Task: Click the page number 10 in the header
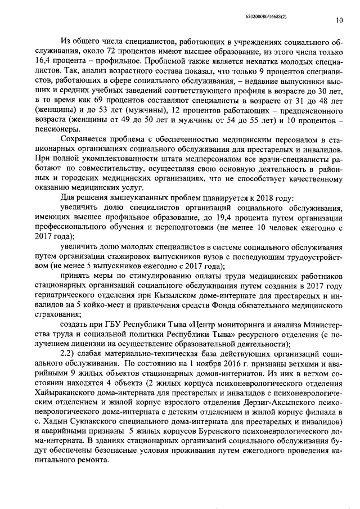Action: (x=339, y=21)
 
